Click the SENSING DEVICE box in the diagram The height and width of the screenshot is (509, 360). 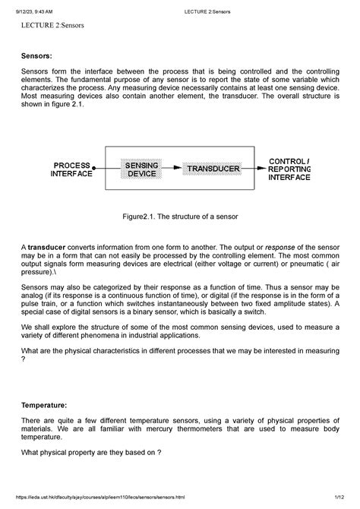click(x=141, y=169)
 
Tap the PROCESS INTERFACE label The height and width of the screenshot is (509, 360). click(x=71, y=169)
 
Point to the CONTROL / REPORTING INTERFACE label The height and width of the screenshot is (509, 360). click(x=289, y=169)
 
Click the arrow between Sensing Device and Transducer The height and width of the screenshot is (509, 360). click(x=173, y=168)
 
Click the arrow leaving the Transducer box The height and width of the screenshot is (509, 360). click(x=253, y=168)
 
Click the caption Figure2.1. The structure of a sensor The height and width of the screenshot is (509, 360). click(x=180, y=217)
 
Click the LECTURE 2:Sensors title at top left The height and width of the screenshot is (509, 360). click(x=52, y=26)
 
